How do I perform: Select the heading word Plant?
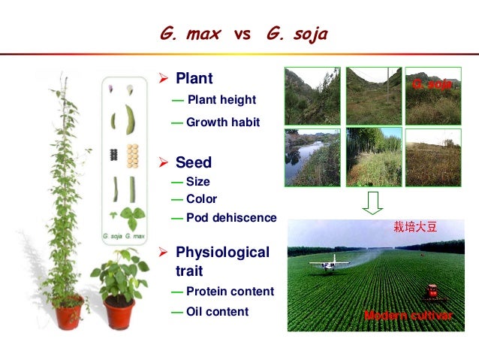194,78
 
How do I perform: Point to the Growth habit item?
222,122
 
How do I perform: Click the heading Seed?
193,162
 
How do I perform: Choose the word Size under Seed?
197,181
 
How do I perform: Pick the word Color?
201,199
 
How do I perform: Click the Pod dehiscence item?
230,218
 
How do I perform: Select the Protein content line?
229,292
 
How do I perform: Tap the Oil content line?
217,311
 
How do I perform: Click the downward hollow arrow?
373,201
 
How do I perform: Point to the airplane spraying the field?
330,263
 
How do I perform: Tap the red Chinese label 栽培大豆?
415,226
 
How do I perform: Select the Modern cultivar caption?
408,316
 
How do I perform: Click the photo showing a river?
312,158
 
